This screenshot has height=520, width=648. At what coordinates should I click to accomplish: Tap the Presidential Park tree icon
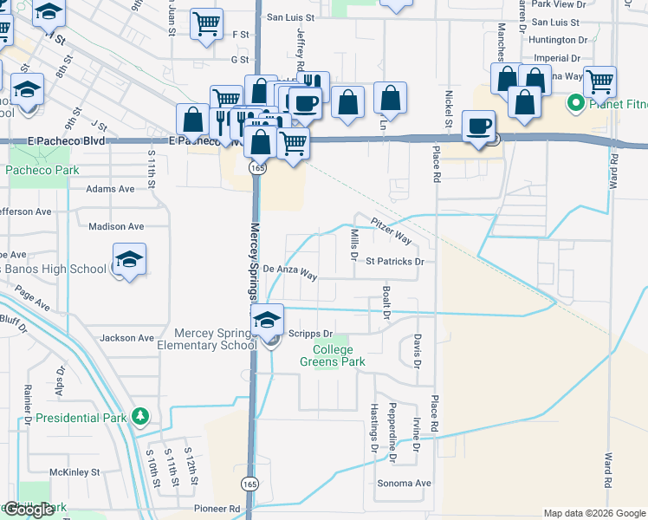(x=139, y=418)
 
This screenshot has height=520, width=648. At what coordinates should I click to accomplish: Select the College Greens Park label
(x=327, y=355)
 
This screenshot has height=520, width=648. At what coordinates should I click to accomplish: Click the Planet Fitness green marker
(x=573, y=106)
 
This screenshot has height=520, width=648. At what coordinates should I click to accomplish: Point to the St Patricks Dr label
(x=394, y=261)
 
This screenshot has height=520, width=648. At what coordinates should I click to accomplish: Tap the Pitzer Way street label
(x=392, y=231)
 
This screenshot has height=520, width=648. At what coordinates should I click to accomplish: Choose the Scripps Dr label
(x=316, y=334)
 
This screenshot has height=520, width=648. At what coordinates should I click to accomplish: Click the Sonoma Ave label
(x=404, y=483)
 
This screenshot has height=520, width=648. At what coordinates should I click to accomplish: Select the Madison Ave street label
(x=116, y=226)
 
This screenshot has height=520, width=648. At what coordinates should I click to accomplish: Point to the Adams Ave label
(x=110, y=188)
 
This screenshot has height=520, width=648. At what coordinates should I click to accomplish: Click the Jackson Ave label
(x=127, y=338)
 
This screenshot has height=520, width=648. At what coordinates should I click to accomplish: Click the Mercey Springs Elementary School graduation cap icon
(x=268, y=321)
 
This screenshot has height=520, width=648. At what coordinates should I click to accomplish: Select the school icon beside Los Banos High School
(x=129, y=259)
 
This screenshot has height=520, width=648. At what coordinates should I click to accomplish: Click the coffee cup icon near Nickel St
(x=478, y=126)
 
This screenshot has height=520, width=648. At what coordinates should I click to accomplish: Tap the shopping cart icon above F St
(x=206, y=23)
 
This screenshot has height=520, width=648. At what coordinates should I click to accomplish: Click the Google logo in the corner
(x=29, y=510)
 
